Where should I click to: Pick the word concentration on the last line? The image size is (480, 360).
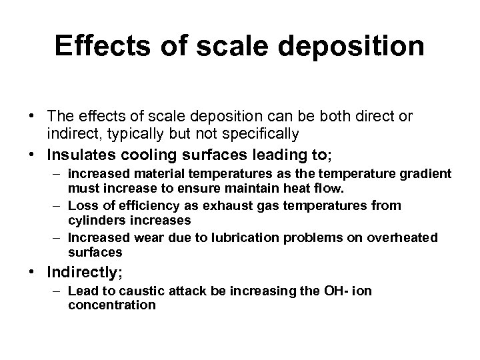111,305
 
